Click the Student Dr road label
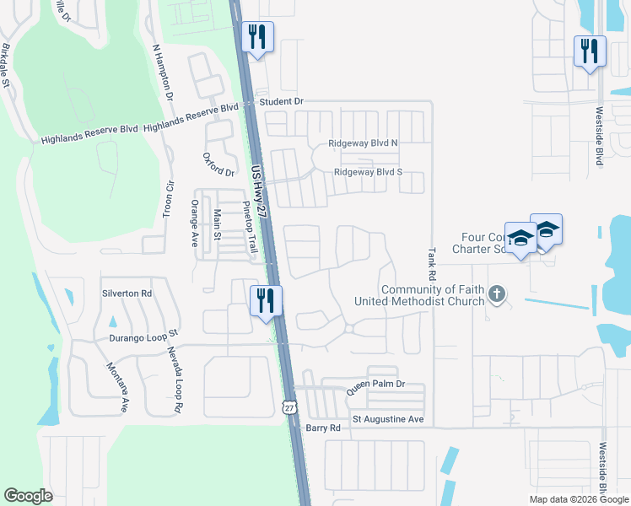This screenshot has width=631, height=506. click(282, 101)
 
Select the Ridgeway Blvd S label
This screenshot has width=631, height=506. click(368, 172)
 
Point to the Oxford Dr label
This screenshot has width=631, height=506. click(219, 165)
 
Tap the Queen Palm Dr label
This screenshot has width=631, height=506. click(377, 384)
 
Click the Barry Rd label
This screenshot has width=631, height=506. click(323, 428)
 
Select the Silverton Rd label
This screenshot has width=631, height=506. click(127, 293)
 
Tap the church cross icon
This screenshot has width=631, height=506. click(498, 294)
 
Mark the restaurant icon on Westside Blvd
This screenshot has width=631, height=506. click(588, 50)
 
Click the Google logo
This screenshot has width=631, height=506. click(29, 496)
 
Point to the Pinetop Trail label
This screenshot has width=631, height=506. click(250, 228)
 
